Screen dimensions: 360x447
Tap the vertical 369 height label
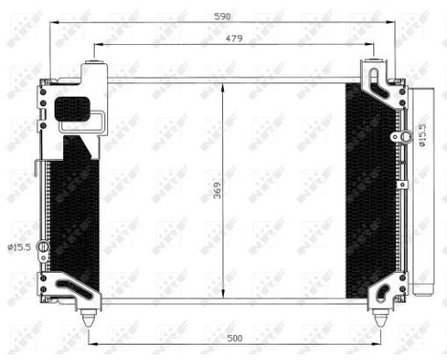216,191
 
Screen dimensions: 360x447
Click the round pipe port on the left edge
42,246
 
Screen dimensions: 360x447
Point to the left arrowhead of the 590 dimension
48,22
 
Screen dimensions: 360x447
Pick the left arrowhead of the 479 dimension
94,45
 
